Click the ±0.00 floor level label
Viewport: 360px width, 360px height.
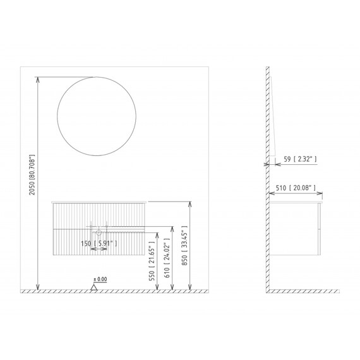click(x=100, y=279)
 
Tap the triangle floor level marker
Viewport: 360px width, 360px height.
click(x=95, y=287)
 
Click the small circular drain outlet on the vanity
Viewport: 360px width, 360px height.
click(x=99, y=232)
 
